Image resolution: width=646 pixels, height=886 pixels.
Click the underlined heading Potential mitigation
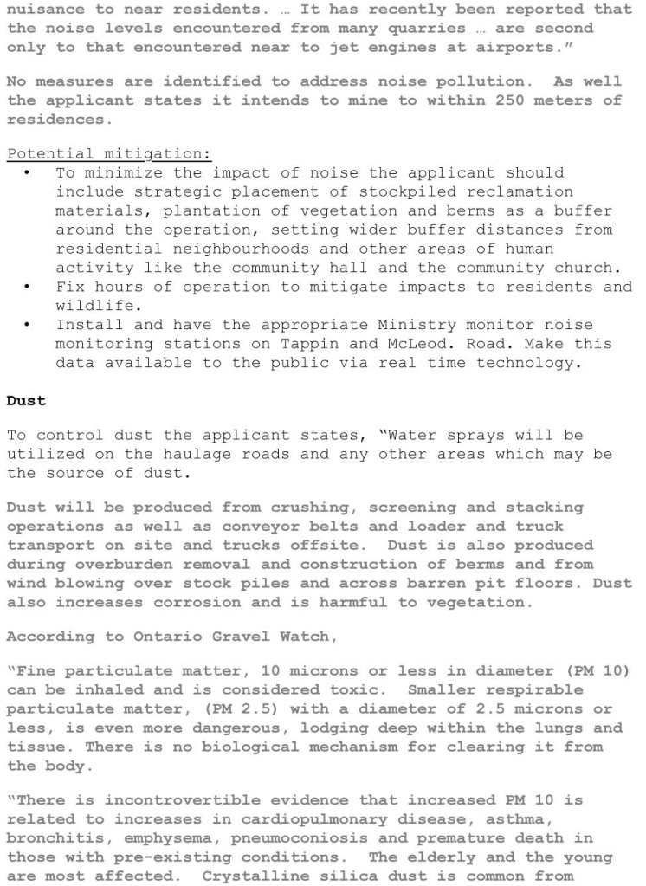109,153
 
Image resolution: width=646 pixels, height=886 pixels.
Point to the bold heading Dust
25,400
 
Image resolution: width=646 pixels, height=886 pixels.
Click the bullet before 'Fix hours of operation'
28,287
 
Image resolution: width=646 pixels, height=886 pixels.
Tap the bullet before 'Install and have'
28,325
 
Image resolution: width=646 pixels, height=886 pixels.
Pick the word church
591,268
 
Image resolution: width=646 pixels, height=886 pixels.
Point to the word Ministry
390,325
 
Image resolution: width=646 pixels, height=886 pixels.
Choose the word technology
529,363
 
